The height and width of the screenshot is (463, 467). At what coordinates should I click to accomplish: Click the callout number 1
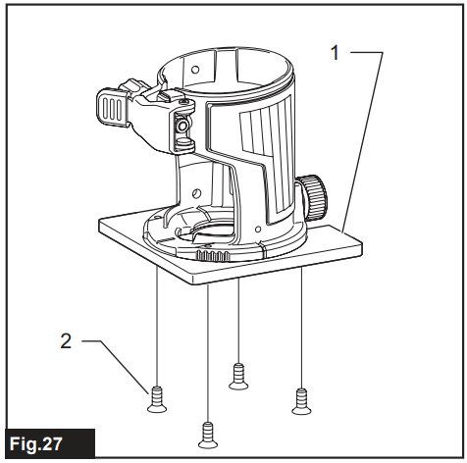[x=335, y=53]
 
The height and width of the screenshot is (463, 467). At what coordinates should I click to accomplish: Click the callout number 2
[x=66, y=341]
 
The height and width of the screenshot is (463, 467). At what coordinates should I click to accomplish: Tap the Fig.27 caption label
[x=36, y=443]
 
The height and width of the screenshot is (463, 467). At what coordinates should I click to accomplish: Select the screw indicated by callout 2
[x=157, y=399]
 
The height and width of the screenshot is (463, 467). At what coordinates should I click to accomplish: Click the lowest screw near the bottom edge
[x=208, y=435]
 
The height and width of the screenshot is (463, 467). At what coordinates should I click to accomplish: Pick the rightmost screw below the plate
[x=301, y=401]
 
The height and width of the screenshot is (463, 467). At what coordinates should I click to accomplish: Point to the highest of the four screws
[x=238, y=376]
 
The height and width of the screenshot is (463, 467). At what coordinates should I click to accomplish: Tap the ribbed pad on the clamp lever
[x=111, y=107]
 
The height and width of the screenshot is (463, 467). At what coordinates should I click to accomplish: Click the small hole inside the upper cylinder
[x=195, y=70]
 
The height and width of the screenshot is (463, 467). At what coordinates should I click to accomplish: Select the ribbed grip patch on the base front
[x=213, y=255]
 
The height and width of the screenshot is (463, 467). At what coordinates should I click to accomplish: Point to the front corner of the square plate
[x=193, y=281]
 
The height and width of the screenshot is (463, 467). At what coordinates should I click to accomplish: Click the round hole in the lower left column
[x=196, y=193]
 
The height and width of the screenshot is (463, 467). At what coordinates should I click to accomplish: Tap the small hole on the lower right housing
[x=258, y=229]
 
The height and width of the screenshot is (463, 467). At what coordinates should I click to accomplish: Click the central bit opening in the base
[x=209, y=233]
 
